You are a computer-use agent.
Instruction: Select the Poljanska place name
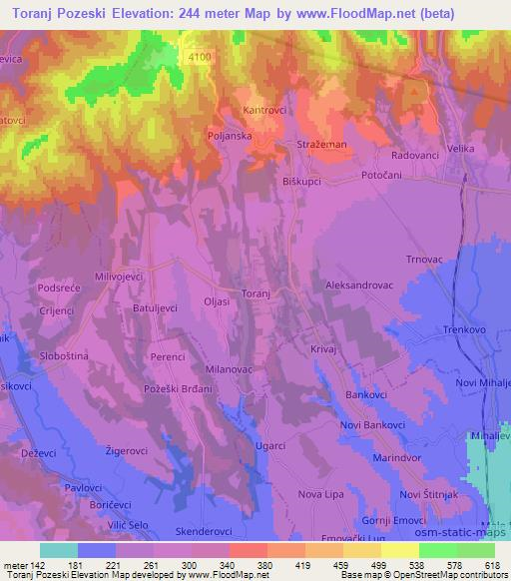pyautogui.click(x=255, y=134)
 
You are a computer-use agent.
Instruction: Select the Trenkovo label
pyautogui.click(x=462, y=330)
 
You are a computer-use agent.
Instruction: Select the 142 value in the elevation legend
pyautogui.click(x=37, y=563)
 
